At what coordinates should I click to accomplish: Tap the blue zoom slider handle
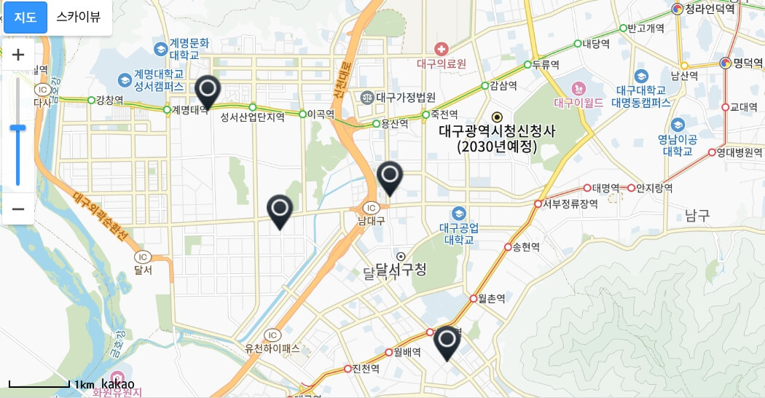click(18, 128)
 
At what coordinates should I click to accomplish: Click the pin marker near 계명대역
click(208, 90)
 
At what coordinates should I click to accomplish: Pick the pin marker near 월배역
click(447, 342)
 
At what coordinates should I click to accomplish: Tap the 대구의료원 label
click(442, 63)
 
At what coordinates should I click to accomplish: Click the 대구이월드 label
click(579, 103)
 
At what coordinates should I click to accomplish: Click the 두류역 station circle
click(527, 65)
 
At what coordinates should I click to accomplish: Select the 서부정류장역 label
click(570, 204)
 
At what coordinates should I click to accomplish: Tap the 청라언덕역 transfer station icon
click(677, 9)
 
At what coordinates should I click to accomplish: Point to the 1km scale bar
click(39, 383)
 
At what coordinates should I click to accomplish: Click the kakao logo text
click(117, 383)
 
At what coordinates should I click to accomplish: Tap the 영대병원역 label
click(739, 152)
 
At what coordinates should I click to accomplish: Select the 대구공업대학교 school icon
click(458, 214)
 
